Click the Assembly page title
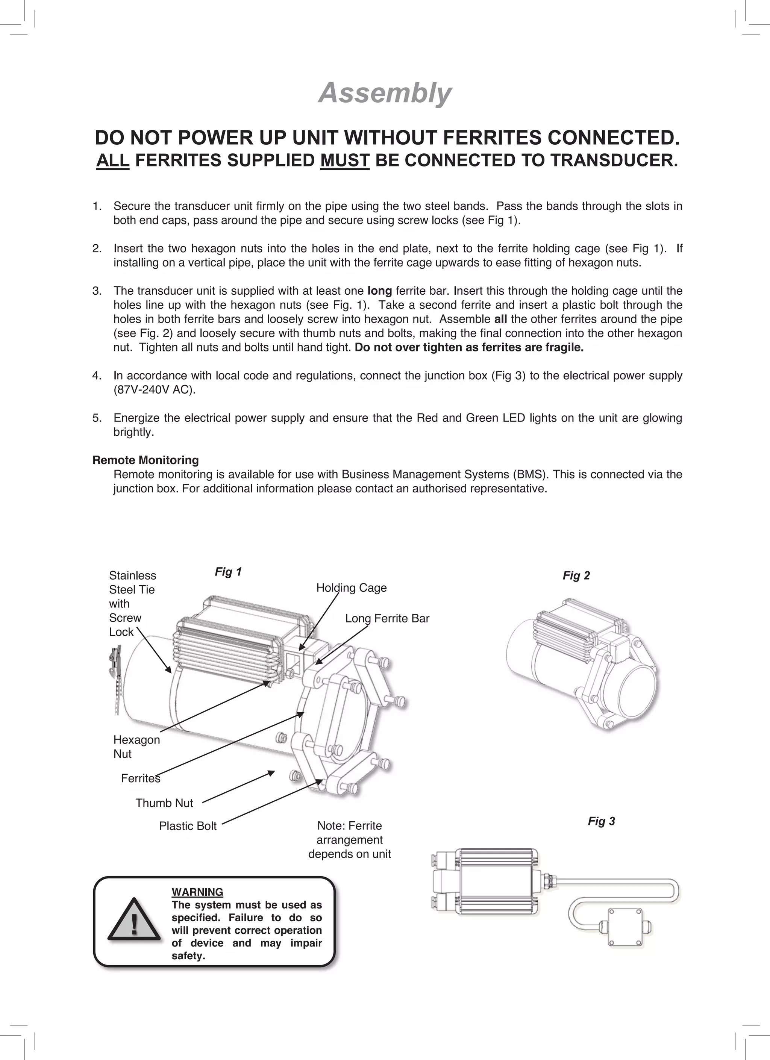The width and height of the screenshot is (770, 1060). point(385,93)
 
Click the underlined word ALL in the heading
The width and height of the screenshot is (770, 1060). point(113,160)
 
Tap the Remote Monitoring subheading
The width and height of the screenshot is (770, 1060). point(146,460)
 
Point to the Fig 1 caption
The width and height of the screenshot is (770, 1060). point(228,572)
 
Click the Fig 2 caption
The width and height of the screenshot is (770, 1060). point(576,575)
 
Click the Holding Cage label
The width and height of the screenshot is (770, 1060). point(351,588)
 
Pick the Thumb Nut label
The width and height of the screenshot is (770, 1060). point(164,803)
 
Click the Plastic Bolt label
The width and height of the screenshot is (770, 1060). point(188,826)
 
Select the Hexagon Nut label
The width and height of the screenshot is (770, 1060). point(136,747)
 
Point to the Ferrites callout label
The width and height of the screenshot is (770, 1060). point(140,778)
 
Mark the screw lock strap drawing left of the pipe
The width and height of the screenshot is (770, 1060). point(115,678)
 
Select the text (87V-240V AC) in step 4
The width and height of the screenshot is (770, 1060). point(154,390)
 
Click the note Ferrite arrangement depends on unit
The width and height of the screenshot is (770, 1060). point(349,840)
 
